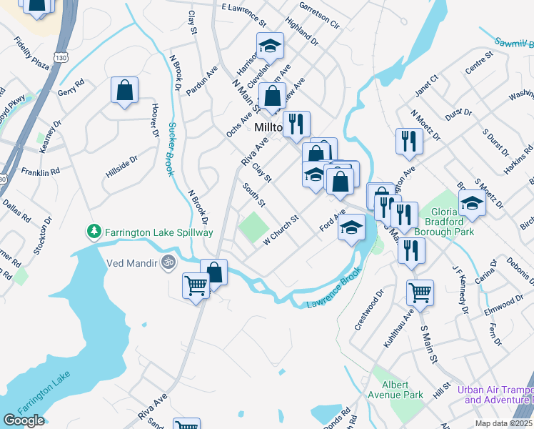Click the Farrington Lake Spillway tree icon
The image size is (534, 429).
point(94,232)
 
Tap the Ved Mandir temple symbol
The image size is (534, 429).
point(168,262)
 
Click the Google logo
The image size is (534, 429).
point(24,420)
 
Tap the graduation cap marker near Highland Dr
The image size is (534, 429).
point(270,47)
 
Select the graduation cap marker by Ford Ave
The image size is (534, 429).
point(351,229)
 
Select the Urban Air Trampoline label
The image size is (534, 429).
point(495,395)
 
